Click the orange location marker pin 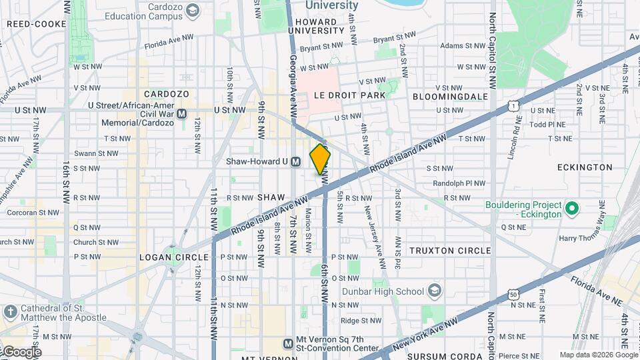(320, 159)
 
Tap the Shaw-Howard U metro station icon (295, 161)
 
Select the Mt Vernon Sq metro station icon (288, 344)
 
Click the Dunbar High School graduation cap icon (435, 291)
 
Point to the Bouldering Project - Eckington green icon (571, 210)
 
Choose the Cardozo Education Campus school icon (193, 10)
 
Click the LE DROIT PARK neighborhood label (350, 95)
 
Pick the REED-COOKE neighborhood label (37, 24)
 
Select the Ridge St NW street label (361, 321)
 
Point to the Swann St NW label (96, 153)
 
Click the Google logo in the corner (21, 351)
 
